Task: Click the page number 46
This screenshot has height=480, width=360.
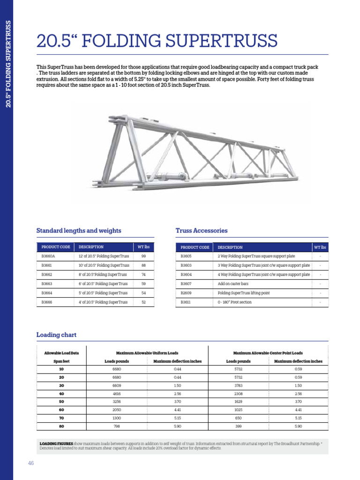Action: click(x=31, y=463)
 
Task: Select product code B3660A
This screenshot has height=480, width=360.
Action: click(x=48, y=256)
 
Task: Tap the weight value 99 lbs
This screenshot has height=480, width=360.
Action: click(x=143, y=256)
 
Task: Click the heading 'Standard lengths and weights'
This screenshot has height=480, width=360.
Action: click(x=79, y=231)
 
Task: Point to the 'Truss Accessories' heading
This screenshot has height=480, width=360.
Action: click(x=202, y=231)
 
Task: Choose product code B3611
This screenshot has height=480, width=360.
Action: click(x=186, y=302)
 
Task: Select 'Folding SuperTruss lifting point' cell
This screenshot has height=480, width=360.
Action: click(x=244, y=293)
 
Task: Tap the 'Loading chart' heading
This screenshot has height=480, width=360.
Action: click(x=56, y=335)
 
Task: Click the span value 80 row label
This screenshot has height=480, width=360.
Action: click(x=61, y=426)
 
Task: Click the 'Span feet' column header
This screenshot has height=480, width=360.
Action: click(x=61, y=361)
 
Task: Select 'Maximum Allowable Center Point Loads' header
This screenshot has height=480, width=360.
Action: click(x=268, y=352)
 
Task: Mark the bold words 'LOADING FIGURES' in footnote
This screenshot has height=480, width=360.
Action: click(x=56, y=443)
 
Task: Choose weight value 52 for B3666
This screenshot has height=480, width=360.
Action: click(x=143, y=302)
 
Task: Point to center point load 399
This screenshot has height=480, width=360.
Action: click(x=239, y=426)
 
